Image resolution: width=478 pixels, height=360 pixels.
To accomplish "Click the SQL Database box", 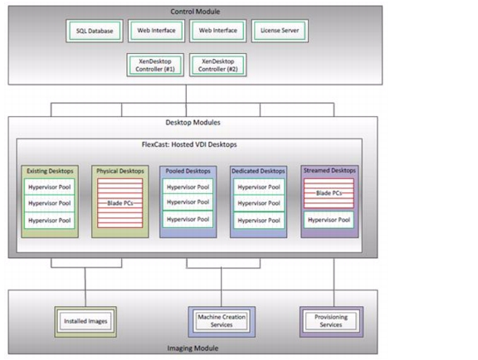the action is tap(95, 31).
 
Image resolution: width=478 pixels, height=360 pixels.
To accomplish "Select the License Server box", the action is tap(280, 31).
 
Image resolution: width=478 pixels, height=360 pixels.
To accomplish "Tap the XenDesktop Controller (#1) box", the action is tap(155, 65).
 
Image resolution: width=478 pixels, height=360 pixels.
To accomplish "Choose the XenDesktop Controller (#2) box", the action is tap(218, 65).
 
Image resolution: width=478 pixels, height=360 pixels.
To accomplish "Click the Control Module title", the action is tap(195, 12).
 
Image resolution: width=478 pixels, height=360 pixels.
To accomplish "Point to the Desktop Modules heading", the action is tap(193, 123).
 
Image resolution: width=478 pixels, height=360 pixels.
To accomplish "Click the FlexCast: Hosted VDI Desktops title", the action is tap(189, 144).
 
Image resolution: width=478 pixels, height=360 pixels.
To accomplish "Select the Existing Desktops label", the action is tap(50, 171).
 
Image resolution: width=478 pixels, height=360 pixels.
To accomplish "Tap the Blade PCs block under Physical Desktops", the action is tap(120, 203).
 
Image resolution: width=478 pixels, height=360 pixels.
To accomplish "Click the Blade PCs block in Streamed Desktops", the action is tap(329, 193).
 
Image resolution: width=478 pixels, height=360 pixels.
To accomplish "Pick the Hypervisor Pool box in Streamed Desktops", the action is tap(329, 220).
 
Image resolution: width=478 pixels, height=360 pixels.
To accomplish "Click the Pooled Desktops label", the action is tap(188, 171).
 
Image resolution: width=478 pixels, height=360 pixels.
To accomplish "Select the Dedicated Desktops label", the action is tap(258, 171).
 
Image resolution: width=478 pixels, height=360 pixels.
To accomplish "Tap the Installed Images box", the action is tap(85, 321).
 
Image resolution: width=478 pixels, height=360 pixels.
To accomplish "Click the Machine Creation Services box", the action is tap(222, 321).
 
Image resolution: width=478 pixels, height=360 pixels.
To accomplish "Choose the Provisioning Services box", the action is tap(331, 321).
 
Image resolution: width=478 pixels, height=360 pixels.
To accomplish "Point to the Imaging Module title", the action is tap(193, 348).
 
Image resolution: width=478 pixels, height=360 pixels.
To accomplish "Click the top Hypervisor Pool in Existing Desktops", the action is tap(50, 187).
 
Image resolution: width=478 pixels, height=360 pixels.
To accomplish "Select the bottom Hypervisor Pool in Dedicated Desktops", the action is tap(259, 221).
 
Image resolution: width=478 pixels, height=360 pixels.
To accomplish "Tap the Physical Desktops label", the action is tap(120, 171).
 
